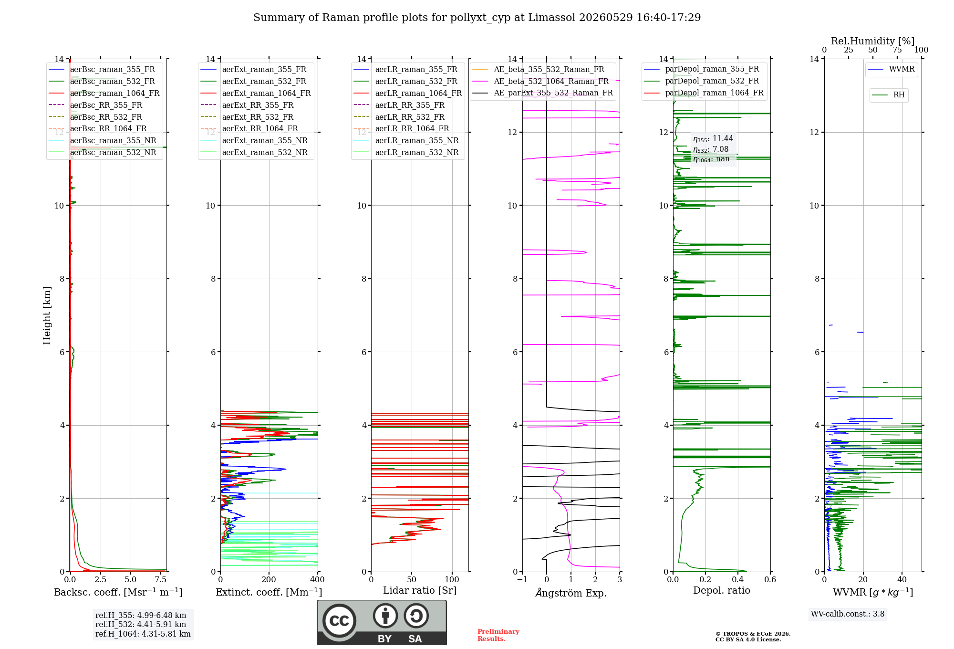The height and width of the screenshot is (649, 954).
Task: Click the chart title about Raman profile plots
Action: click(x=477, y=18)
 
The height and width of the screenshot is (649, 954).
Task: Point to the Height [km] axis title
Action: click(x=47, y=315)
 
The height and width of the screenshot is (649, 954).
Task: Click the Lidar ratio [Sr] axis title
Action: click(x=420, y=590)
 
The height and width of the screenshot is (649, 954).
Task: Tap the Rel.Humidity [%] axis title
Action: click(x=873, y=41)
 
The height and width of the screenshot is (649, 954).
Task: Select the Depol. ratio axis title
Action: click(x=722, y=590)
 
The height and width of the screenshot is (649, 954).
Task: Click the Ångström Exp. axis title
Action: click(x=571, y=593)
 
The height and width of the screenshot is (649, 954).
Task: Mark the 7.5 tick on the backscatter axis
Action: click(x=161, y=579)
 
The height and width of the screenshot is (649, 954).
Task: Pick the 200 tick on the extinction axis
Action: click(x=269, y=579)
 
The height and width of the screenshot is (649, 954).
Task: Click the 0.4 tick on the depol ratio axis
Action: click(x=738, y=579)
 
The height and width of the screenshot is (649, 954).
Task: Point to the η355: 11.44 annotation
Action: click(x=713, y=139)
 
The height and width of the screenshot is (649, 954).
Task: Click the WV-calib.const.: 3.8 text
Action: click(x=848, y=614)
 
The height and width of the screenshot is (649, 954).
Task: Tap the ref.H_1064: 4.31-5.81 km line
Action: click(x=143, y=634)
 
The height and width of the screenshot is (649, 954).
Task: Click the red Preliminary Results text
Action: click(x=498, y=635)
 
